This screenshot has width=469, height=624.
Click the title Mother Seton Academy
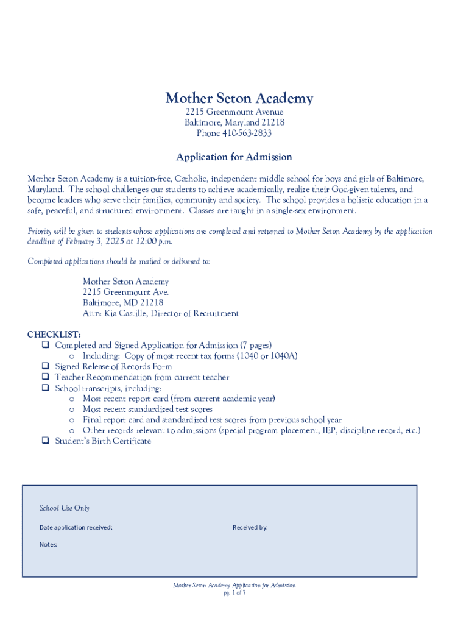(x=239, y=98)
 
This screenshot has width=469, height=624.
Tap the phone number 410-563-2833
(x=245, y=133)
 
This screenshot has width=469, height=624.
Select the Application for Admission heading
(x=234, y=157)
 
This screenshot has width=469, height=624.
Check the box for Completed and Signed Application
(x=45, y=345)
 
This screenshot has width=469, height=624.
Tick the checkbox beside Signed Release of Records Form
(x=45, y=366)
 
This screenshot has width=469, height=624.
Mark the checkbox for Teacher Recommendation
(x=45, y=377)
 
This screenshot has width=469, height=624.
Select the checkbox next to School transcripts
(x=45, y=388)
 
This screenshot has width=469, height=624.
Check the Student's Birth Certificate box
(x=45, y=441)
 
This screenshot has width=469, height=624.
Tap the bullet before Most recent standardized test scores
(x=72, y=409)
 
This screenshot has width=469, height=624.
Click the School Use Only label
(x=65, y=508)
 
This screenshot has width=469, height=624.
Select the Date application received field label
(x=76, y=527)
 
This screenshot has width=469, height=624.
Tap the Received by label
(x=250, y=527)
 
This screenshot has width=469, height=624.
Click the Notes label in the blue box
(x=49, y=544)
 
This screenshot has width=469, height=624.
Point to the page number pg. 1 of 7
(x=234, y=592)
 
